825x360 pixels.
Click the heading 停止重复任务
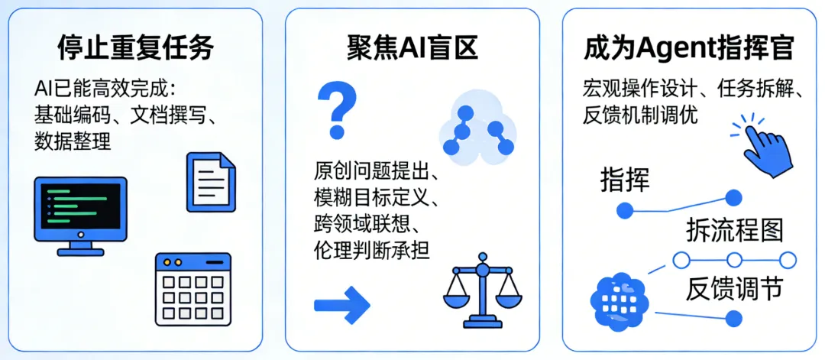click(135, 48)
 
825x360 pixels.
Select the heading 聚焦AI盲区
click(411, 48)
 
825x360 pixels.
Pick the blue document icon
click(211, 181)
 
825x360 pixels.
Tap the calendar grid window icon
click(192, 287)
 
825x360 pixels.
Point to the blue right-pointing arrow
click(341, 305)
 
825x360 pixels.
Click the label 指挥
click(625, 180)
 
